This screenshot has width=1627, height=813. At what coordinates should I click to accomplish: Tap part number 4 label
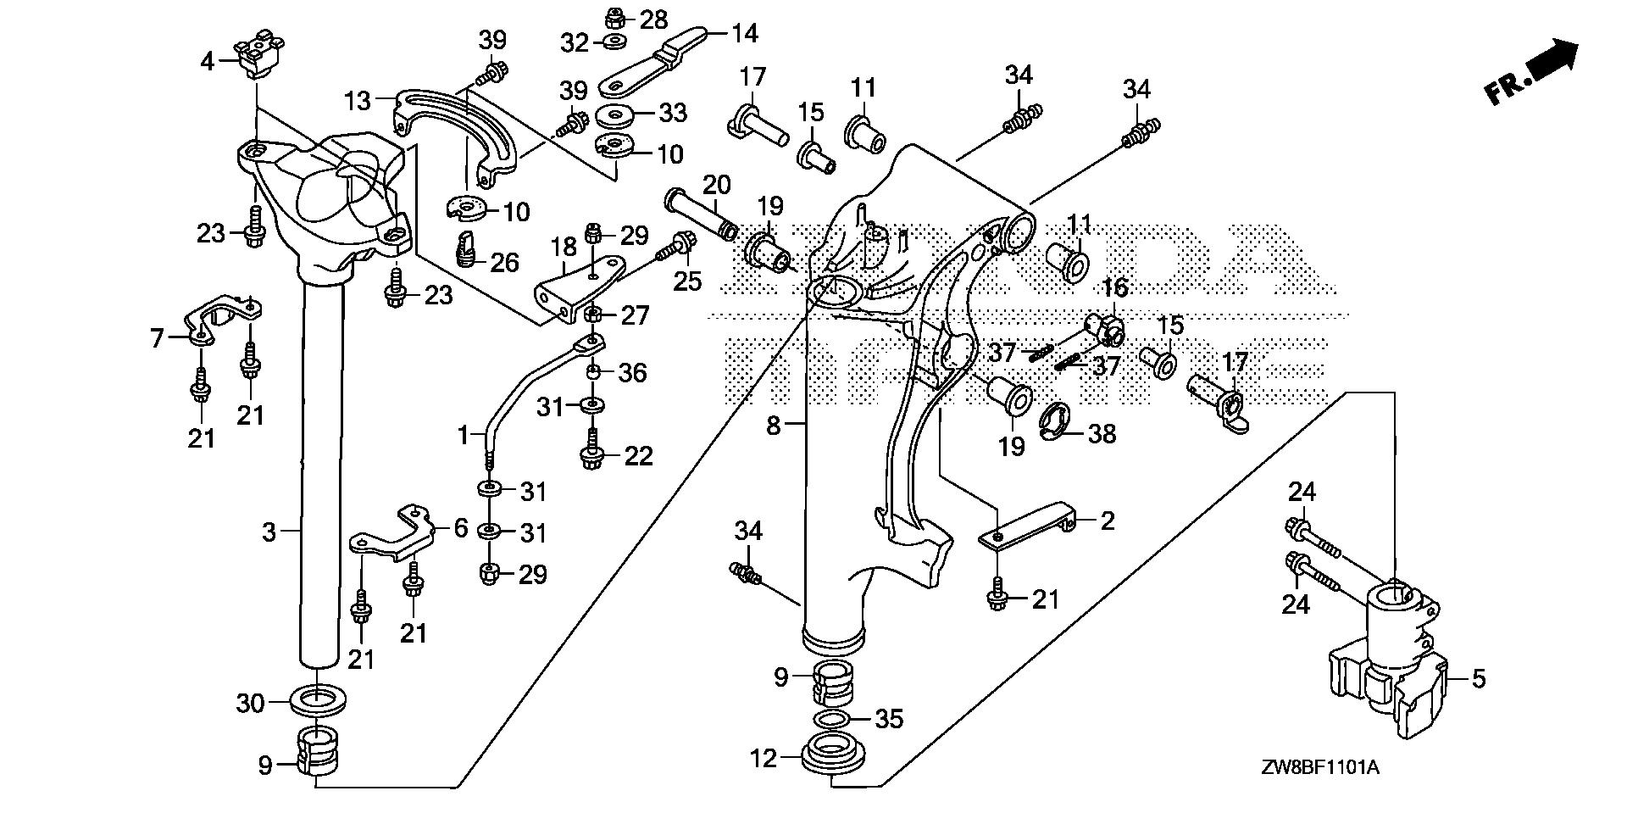coord(207,61)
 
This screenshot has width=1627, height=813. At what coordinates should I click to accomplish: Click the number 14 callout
coord(744,34)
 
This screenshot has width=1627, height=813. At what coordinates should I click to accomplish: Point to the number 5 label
coord(1478,679)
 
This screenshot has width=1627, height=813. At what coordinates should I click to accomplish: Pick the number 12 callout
coord(764,757)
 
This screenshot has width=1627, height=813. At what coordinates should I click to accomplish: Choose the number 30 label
coord(250,703)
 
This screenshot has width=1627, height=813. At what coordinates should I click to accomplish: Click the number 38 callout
coord(1102,434)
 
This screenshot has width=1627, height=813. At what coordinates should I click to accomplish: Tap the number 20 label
coord(716,184)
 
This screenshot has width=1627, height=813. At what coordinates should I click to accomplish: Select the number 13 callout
coord(358,101)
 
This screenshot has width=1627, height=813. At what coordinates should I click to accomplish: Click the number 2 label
coord(1107,521)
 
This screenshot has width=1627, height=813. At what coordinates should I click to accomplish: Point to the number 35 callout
coord(889,719)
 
